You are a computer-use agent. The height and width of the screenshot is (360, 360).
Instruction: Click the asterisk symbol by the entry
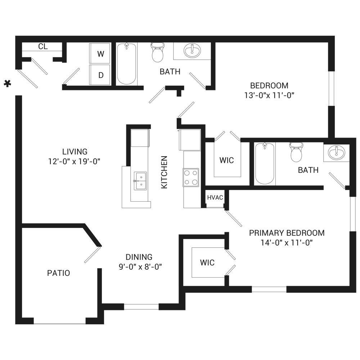(x=7, y=84)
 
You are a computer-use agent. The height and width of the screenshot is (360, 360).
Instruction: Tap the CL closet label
(x=43, y=46)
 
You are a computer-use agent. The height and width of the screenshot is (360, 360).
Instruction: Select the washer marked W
(x=100, y=53)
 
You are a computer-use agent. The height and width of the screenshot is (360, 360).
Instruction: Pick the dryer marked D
(x=100, y=75)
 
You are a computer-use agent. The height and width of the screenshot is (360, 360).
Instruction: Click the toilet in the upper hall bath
(x=158, y=52)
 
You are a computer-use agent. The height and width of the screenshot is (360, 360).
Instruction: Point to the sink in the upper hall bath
(x=192, y=50)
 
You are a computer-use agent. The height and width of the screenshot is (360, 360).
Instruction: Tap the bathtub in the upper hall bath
(x=126, y=64)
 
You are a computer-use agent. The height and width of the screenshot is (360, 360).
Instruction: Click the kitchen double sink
(x=140, y=181)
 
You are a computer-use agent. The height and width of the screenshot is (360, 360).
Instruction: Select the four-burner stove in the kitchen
(x=191, y=177)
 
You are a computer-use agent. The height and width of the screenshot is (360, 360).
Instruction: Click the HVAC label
(x=215, y=197)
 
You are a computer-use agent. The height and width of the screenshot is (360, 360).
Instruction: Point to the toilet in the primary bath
(x=296, y=152)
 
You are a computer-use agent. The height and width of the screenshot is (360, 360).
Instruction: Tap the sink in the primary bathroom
(x=336, y=152)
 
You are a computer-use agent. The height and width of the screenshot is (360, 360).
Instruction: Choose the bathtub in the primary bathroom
(x=265, y=163)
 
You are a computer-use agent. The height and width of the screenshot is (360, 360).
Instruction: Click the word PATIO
(x=59, y=273)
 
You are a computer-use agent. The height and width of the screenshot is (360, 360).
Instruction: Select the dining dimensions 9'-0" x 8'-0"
(x=140, y=267)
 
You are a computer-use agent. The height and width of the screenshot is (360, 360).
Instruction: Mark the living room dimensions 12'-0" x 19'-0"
(x=74, y=161)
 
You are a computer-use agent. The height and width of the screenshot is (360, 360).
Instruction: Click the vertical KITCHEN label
(x=164, y=172)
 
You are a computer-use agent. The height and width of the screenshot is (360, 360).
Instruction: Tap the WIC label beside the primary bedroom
(x=207, y=262)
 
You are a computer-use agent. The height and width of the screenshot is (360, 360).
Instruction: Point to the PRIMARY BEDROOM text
(x=287, y=233)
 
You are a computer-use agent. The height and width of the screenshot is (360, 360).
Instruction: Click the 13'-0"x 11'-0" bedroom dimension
(x=269, y=95)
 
